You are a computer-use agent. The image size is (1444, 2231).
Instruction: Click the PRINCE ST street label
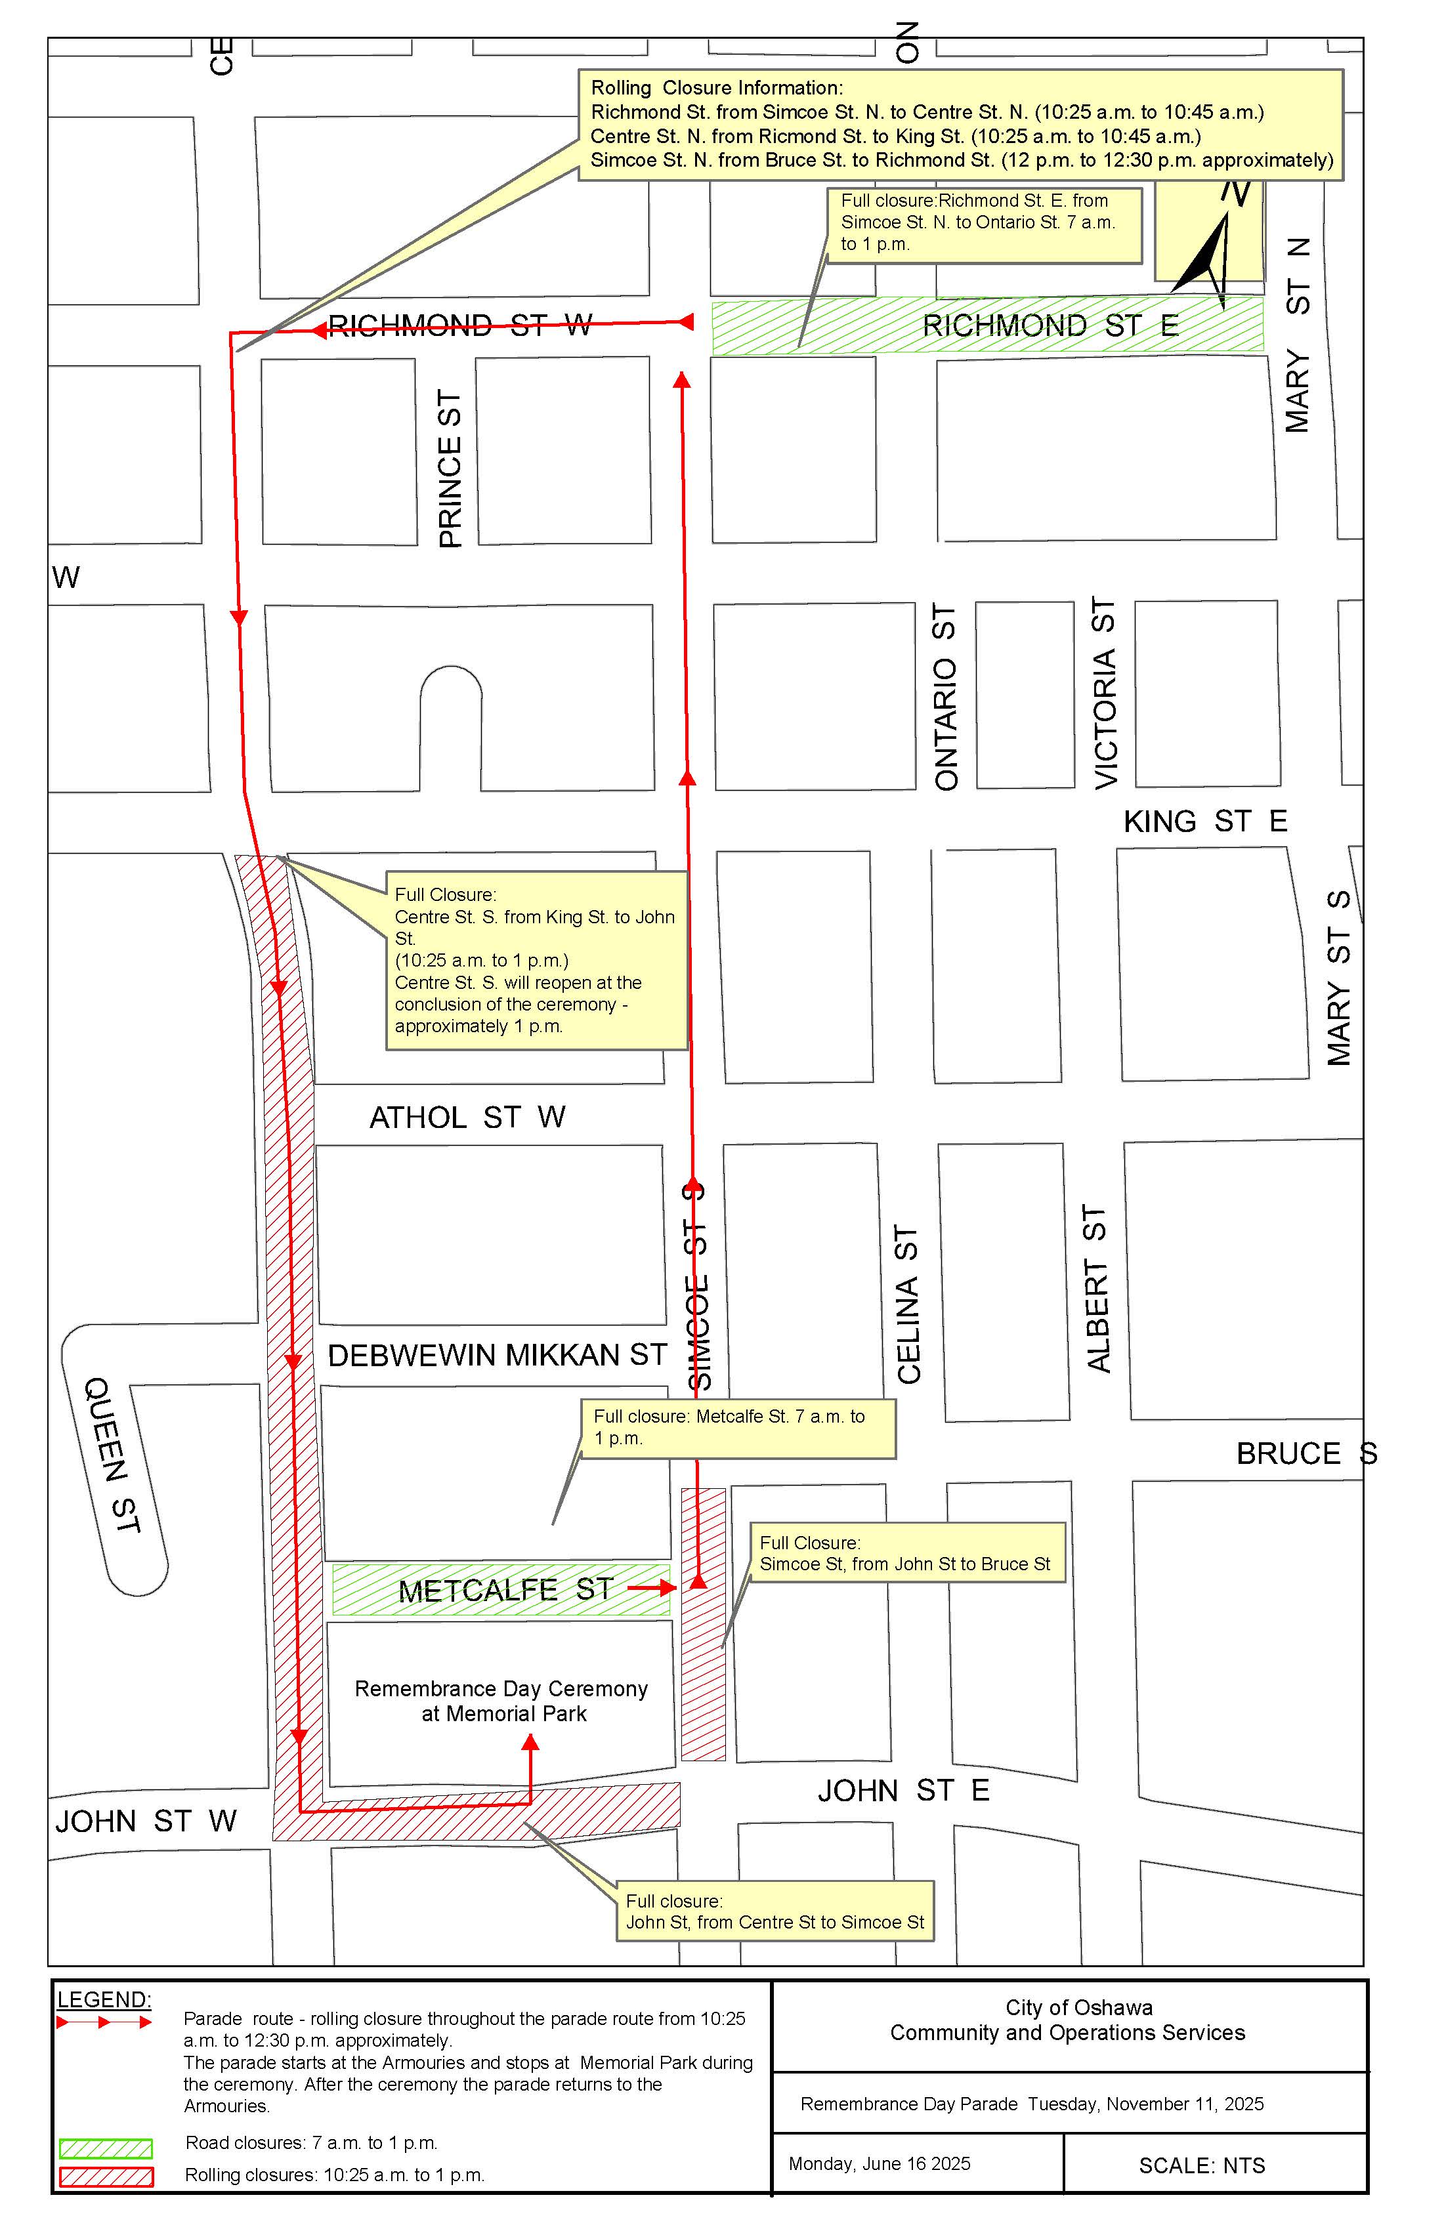451,469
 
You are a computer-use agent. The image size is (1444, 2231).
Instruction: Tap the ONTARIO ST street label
946,698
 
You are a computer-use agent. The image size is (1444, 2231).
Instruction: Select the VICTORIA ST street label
1107,693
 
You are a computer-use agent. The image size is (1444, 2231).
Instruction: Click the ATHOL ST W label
467,1117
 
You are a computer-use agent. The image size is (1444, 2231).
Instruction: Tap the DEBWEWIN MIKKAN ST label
497,1356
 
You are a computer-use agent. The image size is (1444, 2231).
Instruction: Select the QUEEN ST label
112,1454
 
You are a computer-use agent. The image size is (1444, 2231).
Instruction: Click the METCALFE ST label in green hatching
505,1590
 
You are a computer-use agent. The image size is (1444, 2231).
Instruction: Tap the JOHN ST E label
903,1791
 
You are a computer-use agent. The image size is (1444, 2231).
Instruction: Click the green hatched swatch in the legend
105,2148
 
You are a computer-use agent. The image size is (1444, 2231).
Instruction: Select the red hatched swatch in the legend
105,2177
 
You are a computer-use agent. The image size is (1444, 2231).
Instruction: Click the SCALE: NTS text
1201,2166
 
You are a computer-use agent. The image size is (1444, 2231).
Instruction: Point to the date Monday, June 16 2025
879,2163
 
